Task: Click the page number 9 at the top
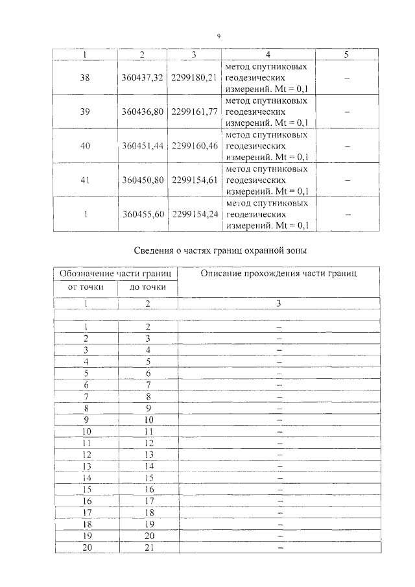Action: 219,36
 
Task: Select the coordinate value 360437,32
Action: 142,78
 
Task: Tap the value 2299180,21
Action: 194,78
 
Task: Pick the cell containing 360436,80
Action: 142,112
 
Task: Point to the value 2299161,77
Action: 194,112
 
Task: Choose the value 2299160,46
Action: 194,146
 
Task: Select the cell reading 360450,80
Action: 142,180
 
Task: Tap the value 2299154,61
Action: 194,180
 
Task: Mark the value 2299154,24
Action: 194,213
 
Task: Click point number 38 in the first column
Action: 85,78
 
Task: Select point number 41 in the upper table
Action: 85,180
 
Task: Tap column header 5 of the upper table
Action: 346,54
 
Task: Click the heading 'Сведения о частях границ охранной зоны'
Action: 219,250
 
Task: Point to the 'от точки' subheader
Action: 85,287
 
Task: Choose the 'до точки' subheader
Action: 148,287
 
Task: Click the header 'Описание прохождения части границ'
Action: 278,274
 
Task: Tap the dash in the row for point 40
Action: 346,146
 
